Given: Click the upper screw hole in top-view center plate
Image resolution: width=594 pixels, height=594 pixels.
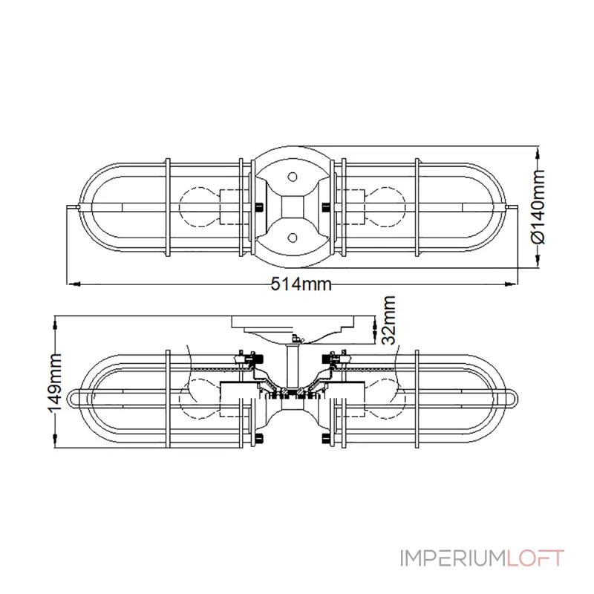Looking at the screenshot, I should coord(292,177).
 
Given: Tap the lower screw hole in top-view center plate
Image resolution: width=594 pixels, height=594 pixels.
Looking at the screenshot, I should coord(292,238).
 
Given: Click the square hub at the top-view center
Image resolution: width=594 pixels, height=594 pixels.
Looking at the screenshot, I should coord(292,207).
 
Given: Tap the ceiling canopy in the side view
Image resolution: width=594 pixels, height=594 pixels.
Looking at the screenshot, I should coord(293,325).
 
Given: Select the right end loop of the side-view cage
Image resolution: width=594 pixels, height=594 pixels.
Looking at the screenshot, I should coord(512,398).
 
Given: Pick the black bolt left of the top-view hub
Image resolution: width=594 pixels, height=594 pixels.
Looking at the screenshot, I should coord(258,207).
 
